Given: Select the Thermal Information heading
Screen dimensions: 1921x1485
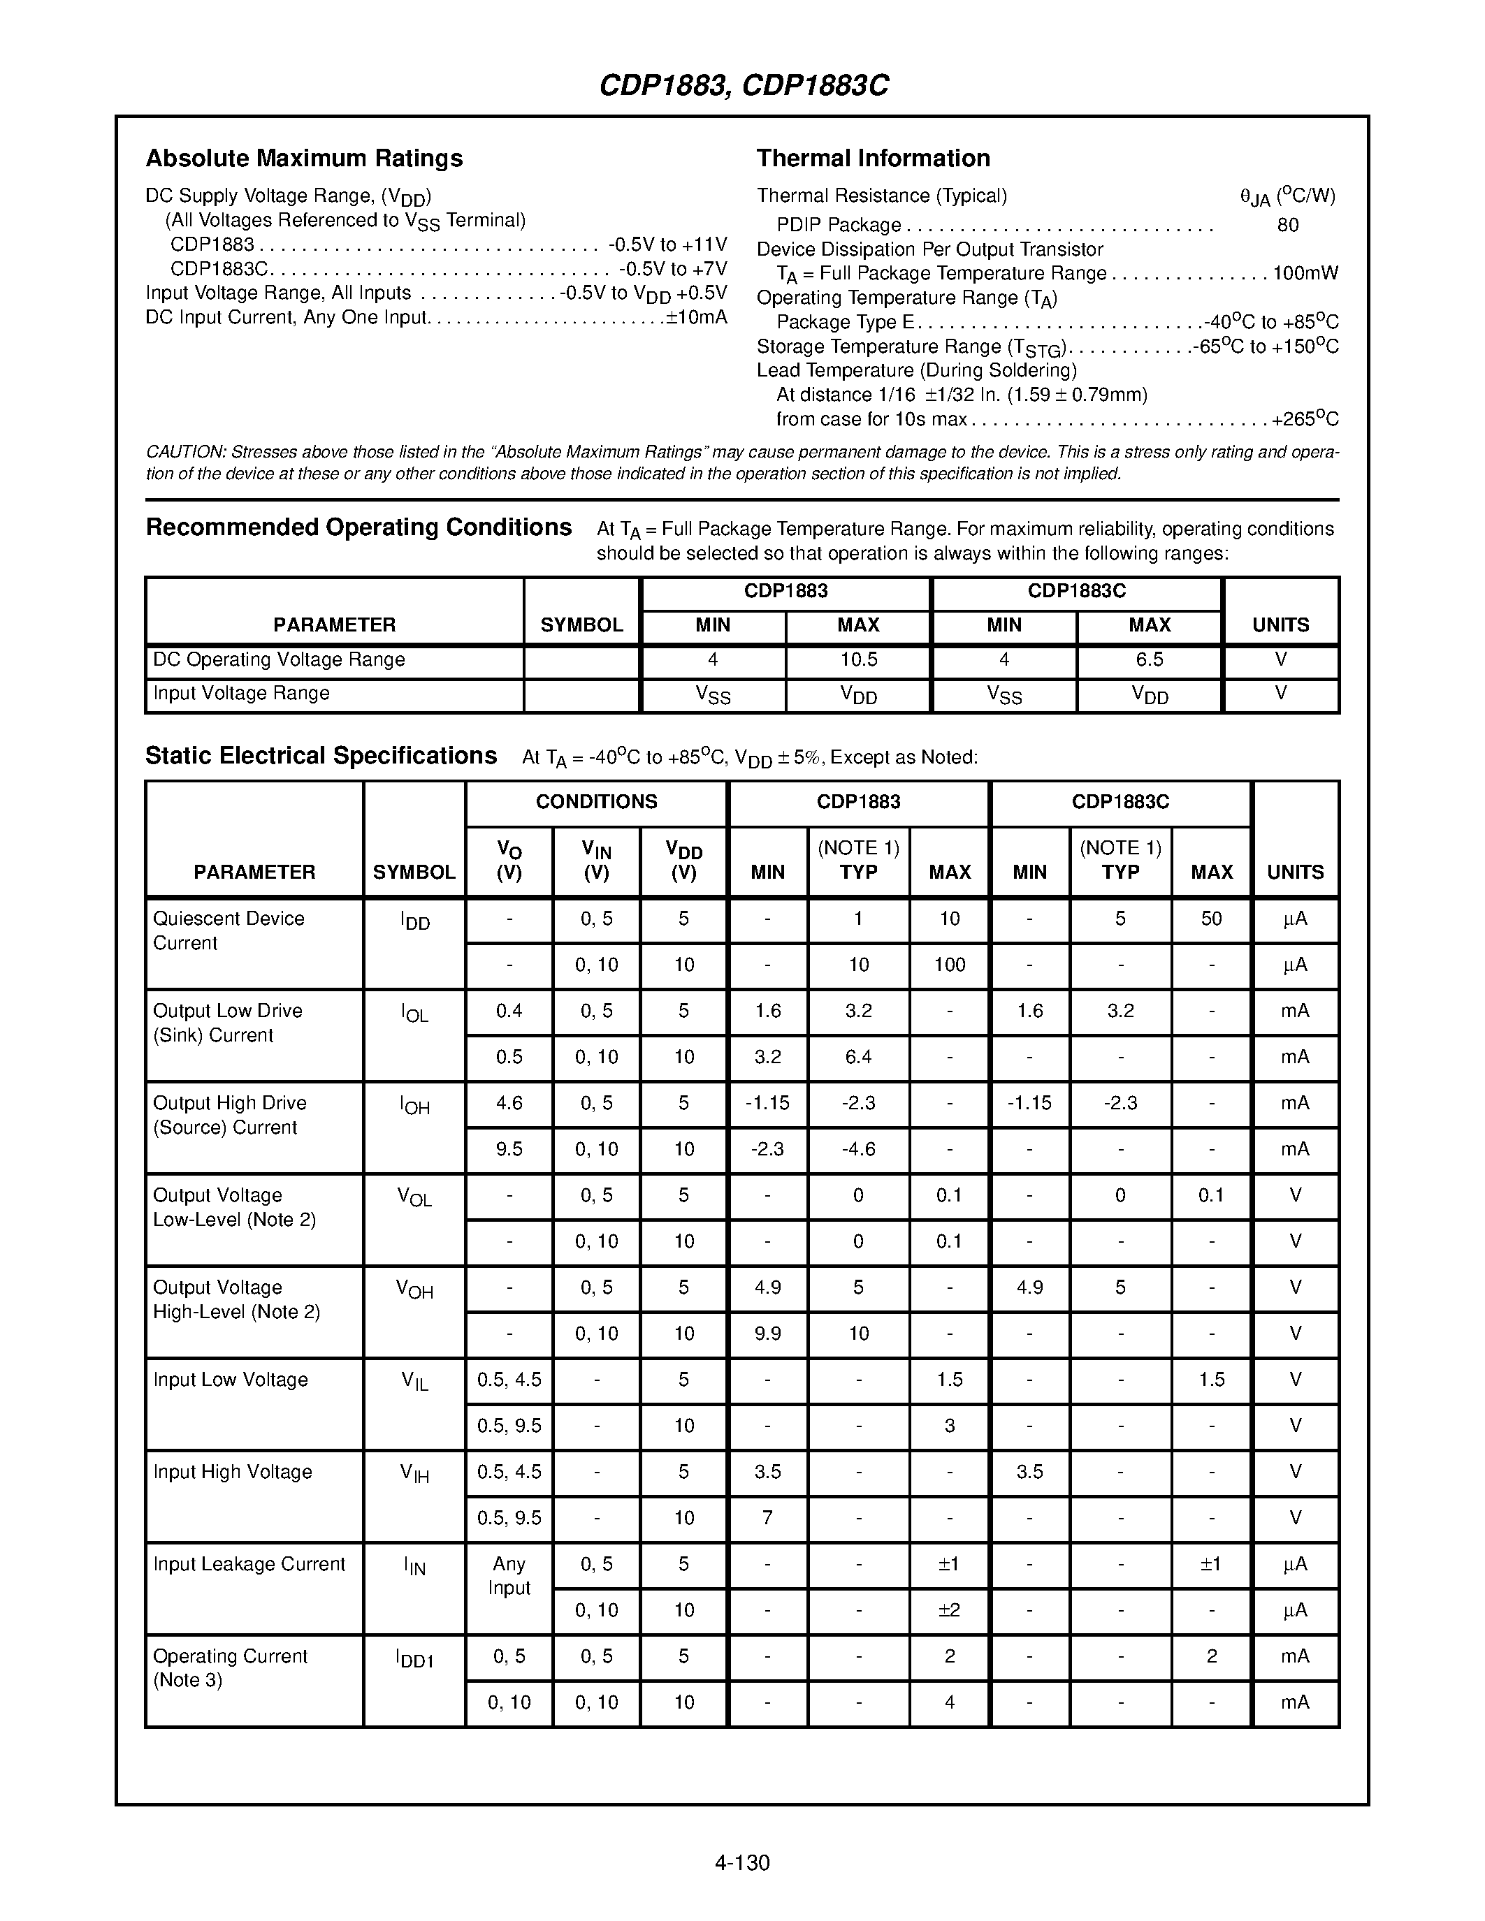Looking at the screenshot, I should (x=873, y=159).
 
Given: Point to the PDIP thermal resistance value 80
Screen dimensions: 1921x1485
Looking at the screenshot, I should (x=1287, y=225).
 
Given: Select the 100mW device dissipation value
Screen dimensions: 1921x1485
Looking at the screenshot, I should (x=1305, y=274).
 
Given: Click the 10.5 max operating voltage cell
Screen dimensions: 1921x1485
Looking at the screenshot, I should (x=857, y=659).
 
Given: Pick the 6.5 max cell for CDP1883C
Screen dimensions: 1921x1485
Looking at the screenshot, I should (x=1149, y=659).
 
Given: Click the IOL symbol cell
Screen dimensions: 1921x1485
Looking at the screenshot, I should (x=414, y=1014).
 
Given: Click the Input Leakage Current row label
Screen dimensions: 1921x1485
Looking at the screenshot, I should (x=249, y=1565).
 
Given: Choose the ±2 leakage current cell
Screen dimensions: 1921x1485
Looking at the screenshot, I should (x=948, y=1611).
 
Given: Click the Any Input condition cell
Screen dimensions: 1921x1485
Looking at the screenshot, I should (x=509, y=1576).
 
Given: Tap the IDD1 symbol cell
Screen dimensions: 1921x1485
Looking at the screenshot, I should (x=414, y=1660).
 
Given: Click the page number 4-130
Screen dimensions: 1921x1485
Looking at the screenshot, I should (x=741, y=1863).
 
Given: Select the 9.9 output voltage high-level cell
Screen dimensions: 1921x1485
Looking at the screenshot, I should (x=767, y=1334).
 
